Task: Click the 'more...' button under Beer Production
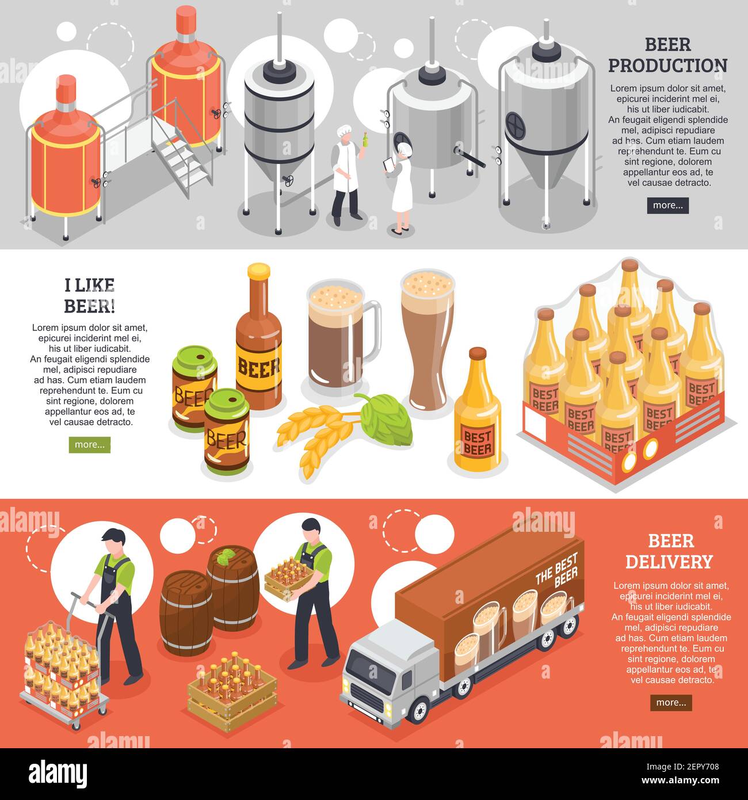pyautogui.click(x=667, y=205)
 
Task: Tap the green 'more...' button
pyautogui.click(x=89, y=445)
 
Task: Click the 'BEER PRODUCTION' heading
pyautogui.click(x=667, y=55)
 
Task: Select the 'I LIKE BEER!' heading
pyautogui.click(x=89, y=295)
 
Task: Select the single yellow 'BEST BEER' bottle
pyautogui.click(x=477, y=414)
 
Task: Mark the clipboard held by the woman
pyautogui.click(x=389, y=165)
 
